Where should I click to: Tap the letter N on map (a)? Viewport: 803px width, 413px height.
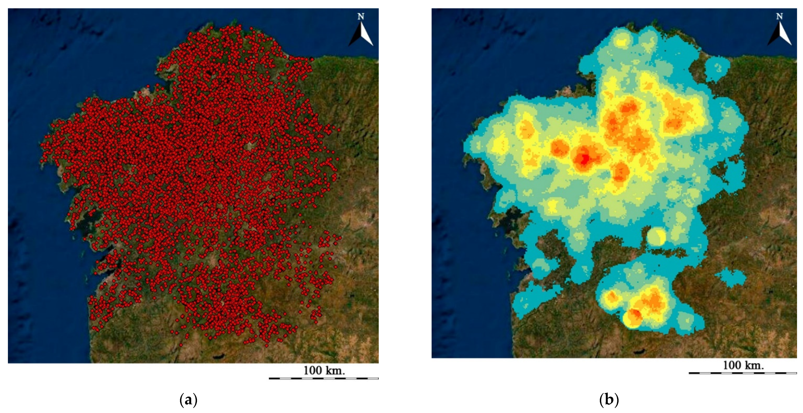click(x=361, y=17)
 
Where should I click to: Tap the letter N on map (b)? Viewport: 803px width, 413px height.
click(x=779, y=16)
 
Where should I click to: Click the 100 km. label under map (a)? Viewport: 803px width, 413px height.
click(x=324, y=371)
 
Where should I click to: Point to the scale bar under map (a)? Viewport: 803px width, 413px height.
click(x=323, y=378)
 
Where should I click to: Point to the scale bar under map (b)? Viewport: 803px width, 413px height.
click(x=743, y=373)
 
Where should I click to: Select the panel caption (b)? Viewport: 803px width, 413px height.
click(x=609, y=400)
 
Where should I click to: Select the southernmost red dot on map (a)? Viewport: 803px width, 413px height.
click(x=266, y=345)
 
